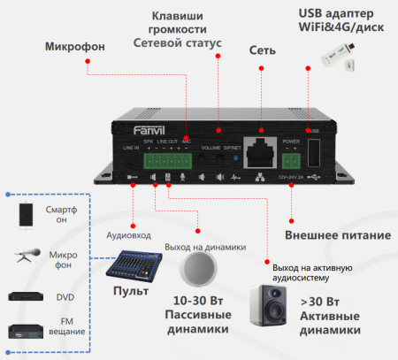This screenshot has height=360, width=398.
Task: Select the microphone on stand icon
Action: (x=26, y=257)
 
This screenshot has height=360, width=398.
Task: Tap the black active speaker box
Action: (x=269, y=305)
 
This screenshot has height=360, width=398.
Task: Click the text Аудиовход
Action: (x=128, y=236)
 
